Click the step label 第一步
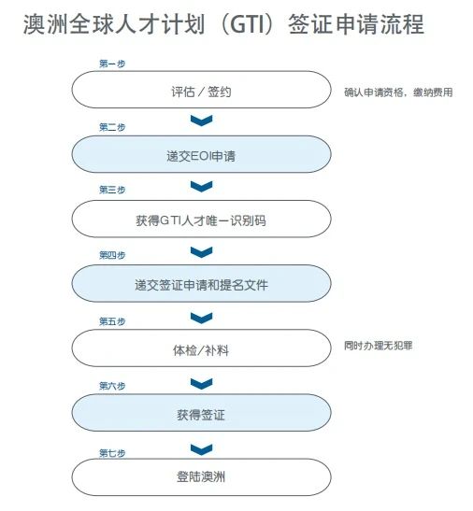[x=112, y=64]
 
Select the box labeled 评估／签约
[x=201, y=90]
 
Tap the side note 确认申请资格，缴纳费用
[x=398, y=92]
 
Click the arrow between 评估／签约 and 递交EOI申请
[x=201, y=121]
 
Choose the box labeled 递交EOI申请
[x=201, y=154]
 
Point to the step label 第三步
[x=112, y=190]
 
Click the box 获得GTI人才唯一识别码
[x=201, y=219]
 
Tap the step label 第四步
[x=112, y=255]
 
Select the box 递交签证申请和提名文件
[x=201, y=283]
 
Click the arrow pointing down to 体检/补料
[x=201, y=318]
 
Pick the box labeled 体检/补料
[x=201, y=348]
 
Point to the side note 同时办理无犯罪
[x=379, y=346]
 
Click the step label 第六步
[x=112, y=386]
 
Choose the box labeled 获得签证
[x=201, y=413]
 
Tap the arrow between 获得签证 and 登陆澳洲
[x=201, y=449]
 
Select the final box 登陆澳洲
[x=201, y=477]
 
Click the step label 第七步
[x=112, y=453]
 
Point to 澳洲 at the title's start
[x=46, y=24]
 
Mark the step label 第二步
[x=112, y=127]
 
